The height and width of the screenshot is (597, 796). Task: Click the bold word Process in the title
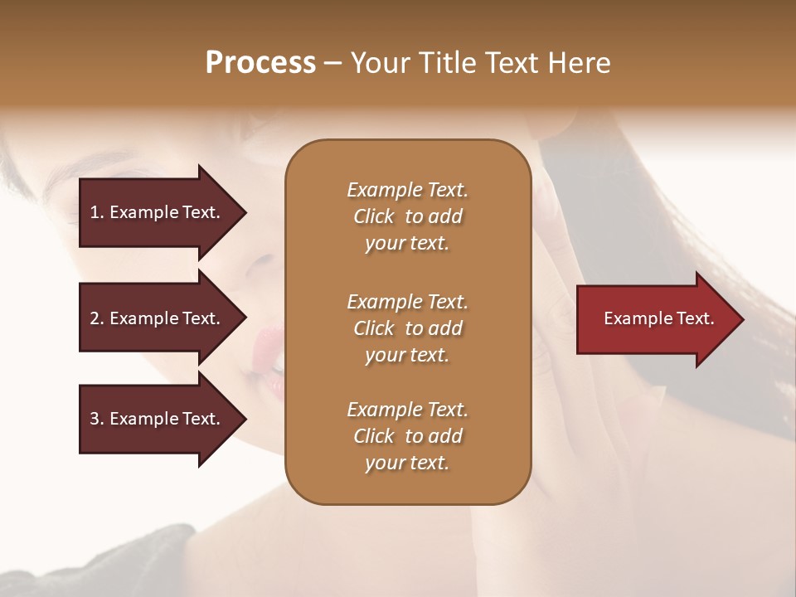[260, 63]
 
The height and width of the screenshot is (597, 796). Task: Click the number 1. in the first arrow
[97, 212]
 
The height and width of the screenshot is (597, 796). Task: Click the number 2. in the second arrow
[97, 318]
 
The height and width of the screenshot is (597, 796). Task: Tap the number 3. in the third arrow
[97, 419]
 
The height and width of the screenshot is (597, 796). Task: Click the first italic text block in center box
[407, 216]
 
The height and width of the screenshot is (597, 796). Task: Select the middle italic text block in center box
[407, 328]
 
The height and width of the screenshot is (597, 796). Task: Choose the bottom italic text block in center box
[407, 436]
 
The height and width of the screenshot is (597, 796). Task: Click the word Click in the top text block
[373, 216]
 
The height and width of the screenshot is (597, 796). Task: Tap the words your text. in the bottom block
[407, 464]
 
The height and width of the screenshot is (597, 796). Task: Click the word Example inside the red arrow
[633, 318]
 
